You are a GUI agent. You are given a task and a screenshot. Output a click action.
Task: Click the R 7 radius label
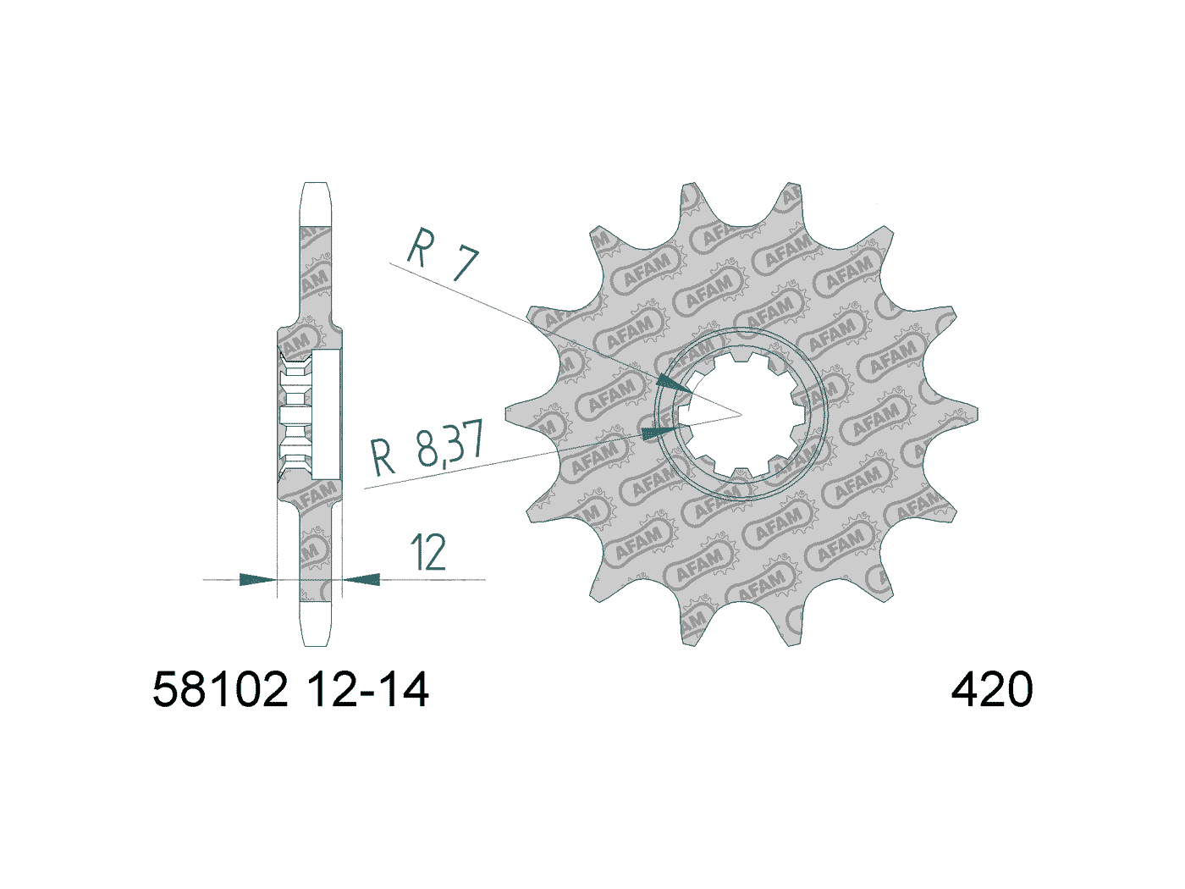pyautogui.click(x=443, y=254)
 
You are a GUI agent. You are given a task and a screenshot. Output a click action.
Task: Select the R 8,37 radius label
pyautogui.click(x=427, y=449)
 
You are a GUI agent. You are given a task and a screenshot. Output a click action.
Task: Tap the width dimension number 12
pyautogui.click(x=428, y=552)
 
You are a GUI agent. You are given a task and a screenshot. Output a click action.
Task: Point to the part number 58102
pyautogui.click(x=221, y=690)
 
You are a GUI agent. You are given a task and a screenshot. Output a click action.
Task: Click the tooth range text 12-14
pyautogui.click(x=368, y=690)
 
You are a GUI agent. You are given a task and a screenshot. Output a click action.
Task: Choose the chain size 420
pyautogui.click(x=992, y=690)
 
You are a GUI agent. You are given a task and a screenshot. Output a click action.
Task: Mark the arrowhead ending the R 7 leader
pyautogui.click(x=673, y=383)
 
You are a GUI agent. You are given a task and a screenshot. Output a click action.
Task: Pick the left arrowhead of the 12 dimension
pyautogui.click(x=257, y=580)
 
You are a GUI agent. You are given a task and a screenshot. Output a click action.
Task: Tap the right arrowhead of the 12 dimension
pyautogui.click(x=362, y=580)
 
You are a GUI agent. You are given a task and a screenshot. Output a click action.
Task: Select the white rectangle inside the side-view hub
pyautogui.click(x=327, y=415)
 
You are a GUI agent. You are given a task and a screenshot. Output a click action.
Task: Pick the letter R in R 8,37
pyautogui.click(x=383, y=457)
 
